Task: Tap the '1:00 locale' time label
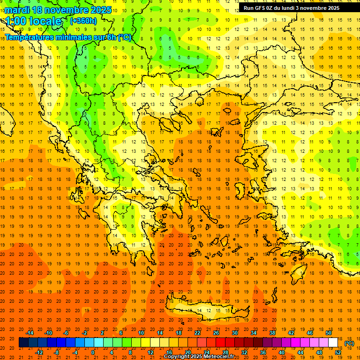[x=34, y=21]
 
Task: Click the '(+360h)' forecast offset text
[x=83, y=21]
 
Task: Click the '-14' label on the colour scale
[x=30, y=333]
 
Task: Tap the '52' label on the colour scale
[x=338, y=352]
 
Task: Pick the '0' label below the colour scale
[x=93, y=352]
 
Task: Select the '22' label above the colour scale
[x=197, y=333]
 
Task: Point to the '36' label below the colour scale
[x=263, y=352]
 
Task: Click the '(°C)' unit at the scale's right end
[x=349, y=343]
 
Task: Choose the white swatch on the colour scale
[x=333, y=343]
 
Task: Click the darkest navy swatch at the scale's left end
[x=23, y=343]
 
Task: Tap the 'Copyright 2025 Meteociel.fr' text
[x=199, y=357]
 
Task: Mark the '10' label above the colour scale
[x=141, y=333]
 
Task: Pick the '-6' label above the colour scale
[x=66, y=333]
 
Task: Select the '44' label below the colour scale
[x=300, y=352]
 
